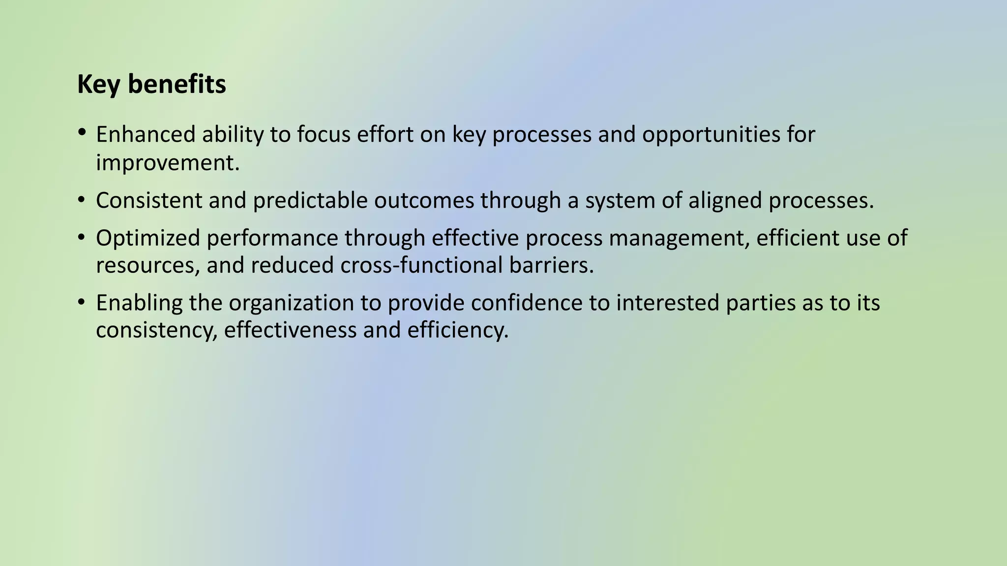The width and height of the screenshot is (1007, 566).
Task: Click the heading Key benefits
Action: coord(151,85)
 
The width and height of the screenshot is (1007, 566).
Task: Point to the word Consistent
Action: coord(149,200)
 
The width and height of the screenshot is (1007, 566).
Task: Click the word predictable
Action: coord(310,201)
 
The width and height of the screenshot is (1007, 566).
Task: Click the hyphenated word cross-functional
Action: coord(421,265)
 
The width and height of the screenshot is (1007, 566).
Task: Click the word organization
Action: coord(291,303)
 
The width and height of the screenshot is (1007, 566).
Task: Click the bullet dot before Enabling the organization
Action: coord(82,302)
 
